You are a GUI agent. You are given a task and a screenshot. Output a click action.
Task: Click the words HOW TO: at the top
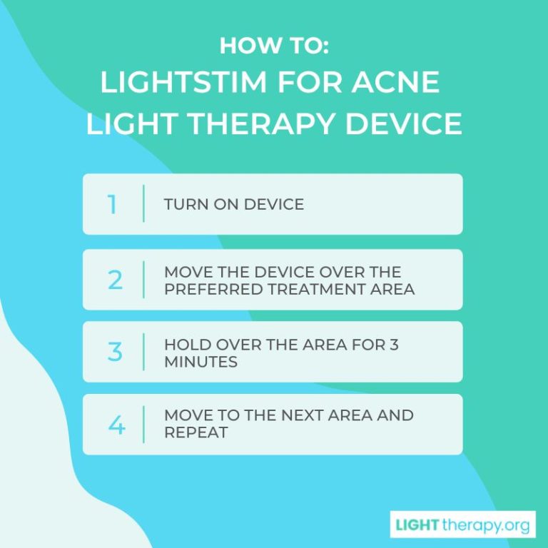click(273, 46)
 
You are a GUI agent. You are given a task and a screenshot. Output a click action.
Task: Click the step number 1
click(112, 205)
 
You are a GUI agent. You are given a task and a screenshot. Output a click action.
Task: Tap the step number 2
click(115, 280)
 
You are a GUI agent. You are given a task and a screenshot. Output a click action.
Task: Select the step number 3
click(115, 352)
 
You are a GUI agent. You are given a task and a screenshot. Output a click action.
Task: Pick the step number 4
click(116, 425)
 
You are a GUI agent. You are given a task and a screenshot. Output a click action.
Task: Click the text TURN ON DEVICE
click(234, 204)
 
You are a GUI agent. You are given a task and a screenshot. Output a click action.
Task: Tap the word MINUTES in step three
click(201, 362)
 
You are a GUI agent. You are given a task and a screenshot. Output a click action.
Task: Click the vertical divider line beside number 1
click(143, 203)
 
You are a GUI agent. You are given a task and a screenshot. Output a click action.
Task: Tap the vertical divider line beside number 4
click(143, 424)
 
